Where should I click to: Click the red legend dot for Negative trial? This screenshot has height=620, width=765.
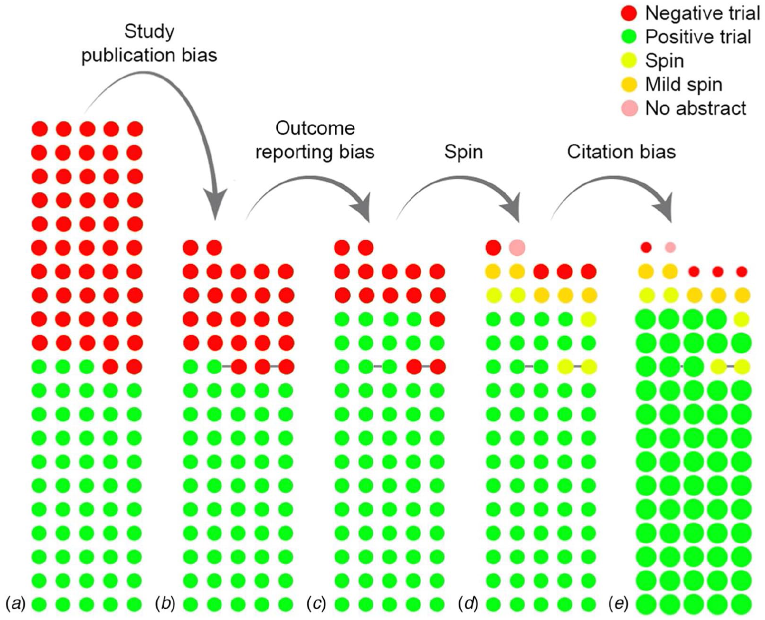(x=629, y=13)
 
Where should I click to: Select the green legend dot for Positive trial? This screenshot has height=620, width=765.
(x=629, y=36)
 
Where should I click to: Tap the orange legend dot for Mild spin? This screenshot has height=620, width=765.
(x=629, y=84)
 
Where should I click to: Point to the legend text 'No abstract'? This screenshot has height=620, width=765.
(x=696, y=108)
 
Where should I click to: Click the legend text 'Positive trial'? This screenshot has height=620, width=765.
(x=698, y=36)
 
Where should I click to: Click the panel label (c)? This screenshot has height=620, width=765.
(x=316, y=604)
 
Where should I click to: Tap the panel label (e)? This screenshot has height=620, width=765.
(x=619, y=604)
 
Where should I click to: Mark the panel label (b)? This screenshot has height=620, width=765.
(x=165, y=604)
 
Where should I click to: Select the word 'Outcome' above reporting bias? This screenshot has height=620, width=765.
(x=315, y=128)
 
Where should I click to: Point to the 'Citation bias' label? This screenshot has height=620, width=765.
(x=621, y=152)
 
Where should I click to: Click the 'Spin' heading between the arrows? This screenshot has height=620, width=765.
(x=463, y=152)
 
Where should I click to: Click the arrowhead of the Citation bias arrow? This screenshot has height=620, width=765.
(x=664, y=208)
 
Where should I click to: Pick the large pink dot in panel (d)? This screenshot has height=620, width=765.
(x=517, y=247)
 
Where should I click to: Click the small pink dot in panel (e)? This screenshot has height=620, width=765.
(x=670, y=247)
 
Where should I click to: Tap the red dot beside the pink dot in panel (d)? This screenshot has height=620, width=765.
(x=494, y=247)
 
